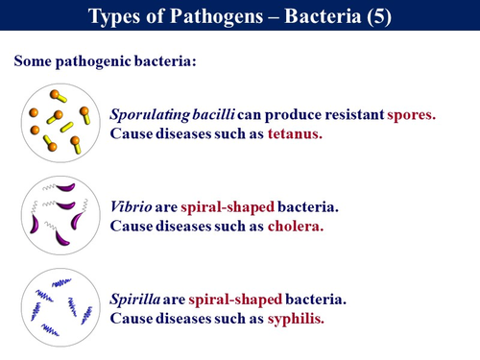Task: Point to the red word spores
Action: [410, 113]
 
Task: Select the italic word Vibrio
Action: [132, 206]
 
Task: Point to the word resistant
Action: [341, 113]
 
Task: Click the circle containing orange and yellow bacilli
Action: [61, 122]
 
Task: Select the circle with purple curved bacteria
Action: [61, 214]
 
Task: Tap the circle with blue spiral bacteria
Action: [61, 307]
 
